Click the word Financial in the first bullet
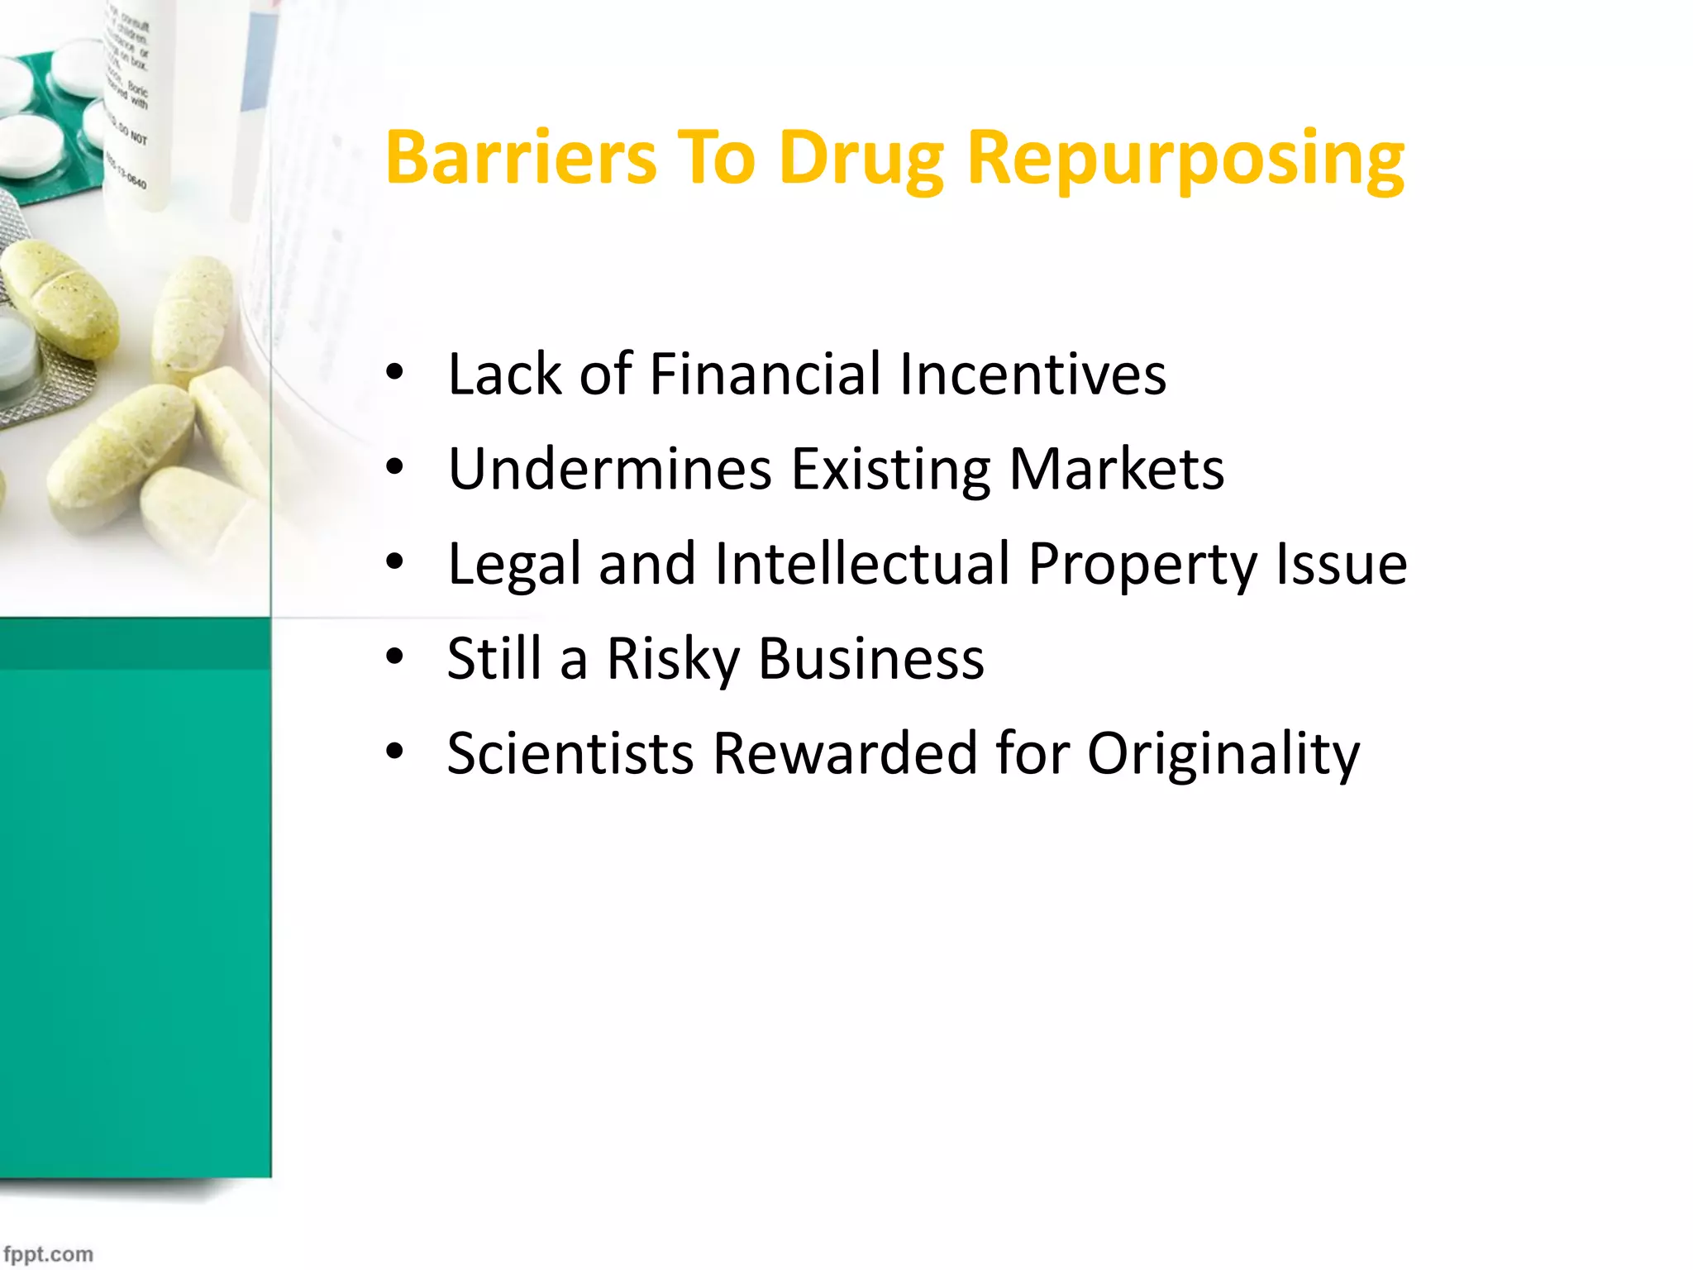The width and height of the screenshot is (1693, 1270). coord(765,374)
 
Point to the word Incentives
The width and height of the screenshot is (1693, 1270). coord(1032,374)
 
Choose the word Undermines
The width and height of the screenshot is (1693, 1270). coord(610,469)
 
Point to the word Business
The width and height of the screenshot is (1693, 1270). coord(871,659)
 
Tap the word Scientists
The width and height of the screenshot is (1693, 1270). coord(570,753)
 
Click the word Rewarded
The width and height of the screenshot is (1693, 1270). coord(845,753)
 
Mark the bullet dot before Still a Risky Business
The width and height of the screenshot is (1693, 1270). coord(395,657)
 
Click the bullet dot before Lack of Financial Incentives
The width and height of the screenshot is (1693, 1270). coord(395,373)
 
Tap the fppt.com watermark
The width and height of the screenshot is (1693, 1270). coord(48,1254)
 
